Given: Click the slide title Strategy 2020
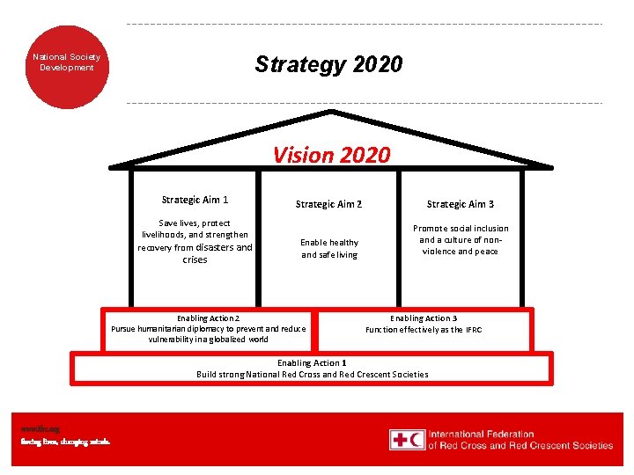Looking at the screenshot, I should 328,64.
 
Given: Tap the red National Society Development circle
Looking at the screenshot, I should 67,62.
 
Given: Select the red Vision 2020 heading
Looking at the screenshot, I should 331,156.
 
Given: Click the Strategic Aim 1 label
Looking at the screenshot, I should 195,200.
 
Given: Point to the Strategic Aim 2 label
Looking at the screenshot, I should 328,204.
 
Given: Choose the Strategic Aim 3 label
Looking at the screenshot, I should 461,204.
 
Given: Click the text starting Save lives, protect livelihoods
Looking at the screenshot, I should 195,241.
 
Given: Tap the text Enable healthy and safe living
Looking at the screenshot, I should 329,249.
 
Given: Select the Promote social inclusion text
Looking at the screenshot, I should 461,239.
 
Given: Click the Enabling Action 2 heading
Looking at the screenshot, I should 208,318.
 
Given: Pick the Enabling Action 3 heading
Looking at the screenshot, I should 424,318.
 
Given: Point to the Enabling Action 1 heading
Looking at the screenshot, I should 312,362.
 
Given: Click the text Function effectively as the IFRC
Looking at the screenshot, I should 424,330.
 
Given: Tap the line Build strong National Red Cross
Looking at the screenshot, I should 312,374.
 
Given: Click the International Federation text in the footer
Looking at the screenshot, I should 482,434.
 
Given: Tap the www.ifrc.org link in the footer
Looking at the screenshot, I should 35,429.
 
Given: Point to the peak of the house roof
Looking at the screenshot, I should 331,112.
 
